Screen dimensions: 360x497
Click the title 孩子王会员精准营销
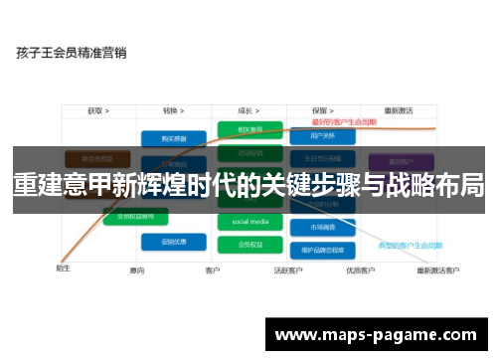point(71,53)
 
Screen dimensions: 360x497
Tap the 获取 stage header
point(97,110)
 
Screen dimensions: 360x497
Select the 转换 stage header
point(177,110)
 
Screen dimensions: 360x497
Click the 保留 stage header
point(321,110)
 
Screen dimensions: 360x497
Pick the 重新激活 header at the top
point(399,110)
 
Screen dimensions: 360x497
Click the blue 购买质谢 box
point(173,139)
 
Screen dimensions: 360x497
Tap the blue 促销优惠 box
point(173,242)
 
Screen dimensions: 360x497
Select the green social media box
point(249,222)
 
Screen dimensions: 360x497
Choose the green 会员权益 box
point(249,243)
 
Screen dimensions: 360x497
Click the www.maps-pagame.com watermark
point(378,333)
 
